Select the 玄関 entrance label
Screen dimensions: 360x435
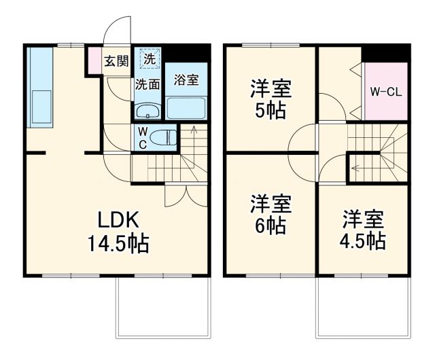click(116, 60)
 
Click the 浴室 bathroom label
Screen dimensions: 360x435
click(186, 79)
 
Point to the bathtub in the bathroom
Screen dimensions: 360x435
click(186, 107)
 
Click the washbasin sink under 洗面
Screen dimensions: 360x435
click(146, 110)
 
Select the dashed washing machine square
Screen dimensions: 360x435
click(149, 59)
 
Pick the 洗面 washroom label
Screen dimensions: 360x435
click(147, 85)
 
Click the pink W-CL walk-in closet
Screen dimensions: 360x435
click(386, 91)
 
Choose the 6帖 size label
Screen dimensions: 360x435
click(270, 225)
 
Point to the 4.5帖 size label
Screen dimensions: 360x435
click(363, 240)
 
